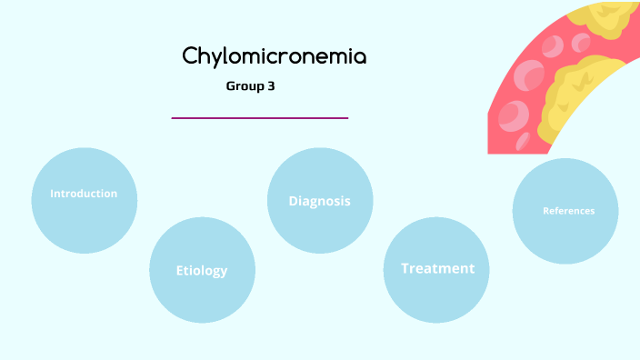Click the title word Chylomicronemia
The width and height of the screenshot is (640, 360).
(275, 56)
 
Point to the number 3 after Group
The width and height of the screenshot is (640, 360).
(271, 87)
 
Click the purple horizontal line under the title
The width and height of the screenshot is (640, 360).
(260, 117)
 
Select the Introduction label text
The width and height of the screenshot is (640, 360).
(84, 194)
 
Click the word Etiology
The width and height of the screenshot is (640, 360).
(202, 270)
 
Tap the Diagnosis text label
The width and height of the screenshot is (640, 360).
(319, 201)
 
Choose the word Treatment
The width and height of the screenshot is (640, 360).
(437, 268)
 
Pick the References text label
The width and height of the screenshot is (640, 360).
(568, 211)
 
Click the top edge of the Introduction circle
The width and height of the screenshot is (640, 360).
(84, 148)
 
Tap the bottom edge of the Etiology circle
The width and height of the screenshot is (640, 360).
(202, 323)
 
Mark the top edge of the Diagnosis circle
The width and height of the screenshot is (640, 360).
(320, 148)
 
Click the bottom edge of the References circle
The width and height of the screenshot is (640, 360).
(565, 264)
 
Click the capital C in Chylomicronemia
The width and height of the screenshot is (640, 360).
(190, 56)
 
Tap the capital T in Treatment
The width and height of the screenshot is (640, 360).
(405, 268)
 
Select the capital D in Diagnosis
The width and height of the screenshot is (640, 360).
(294, 201)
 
